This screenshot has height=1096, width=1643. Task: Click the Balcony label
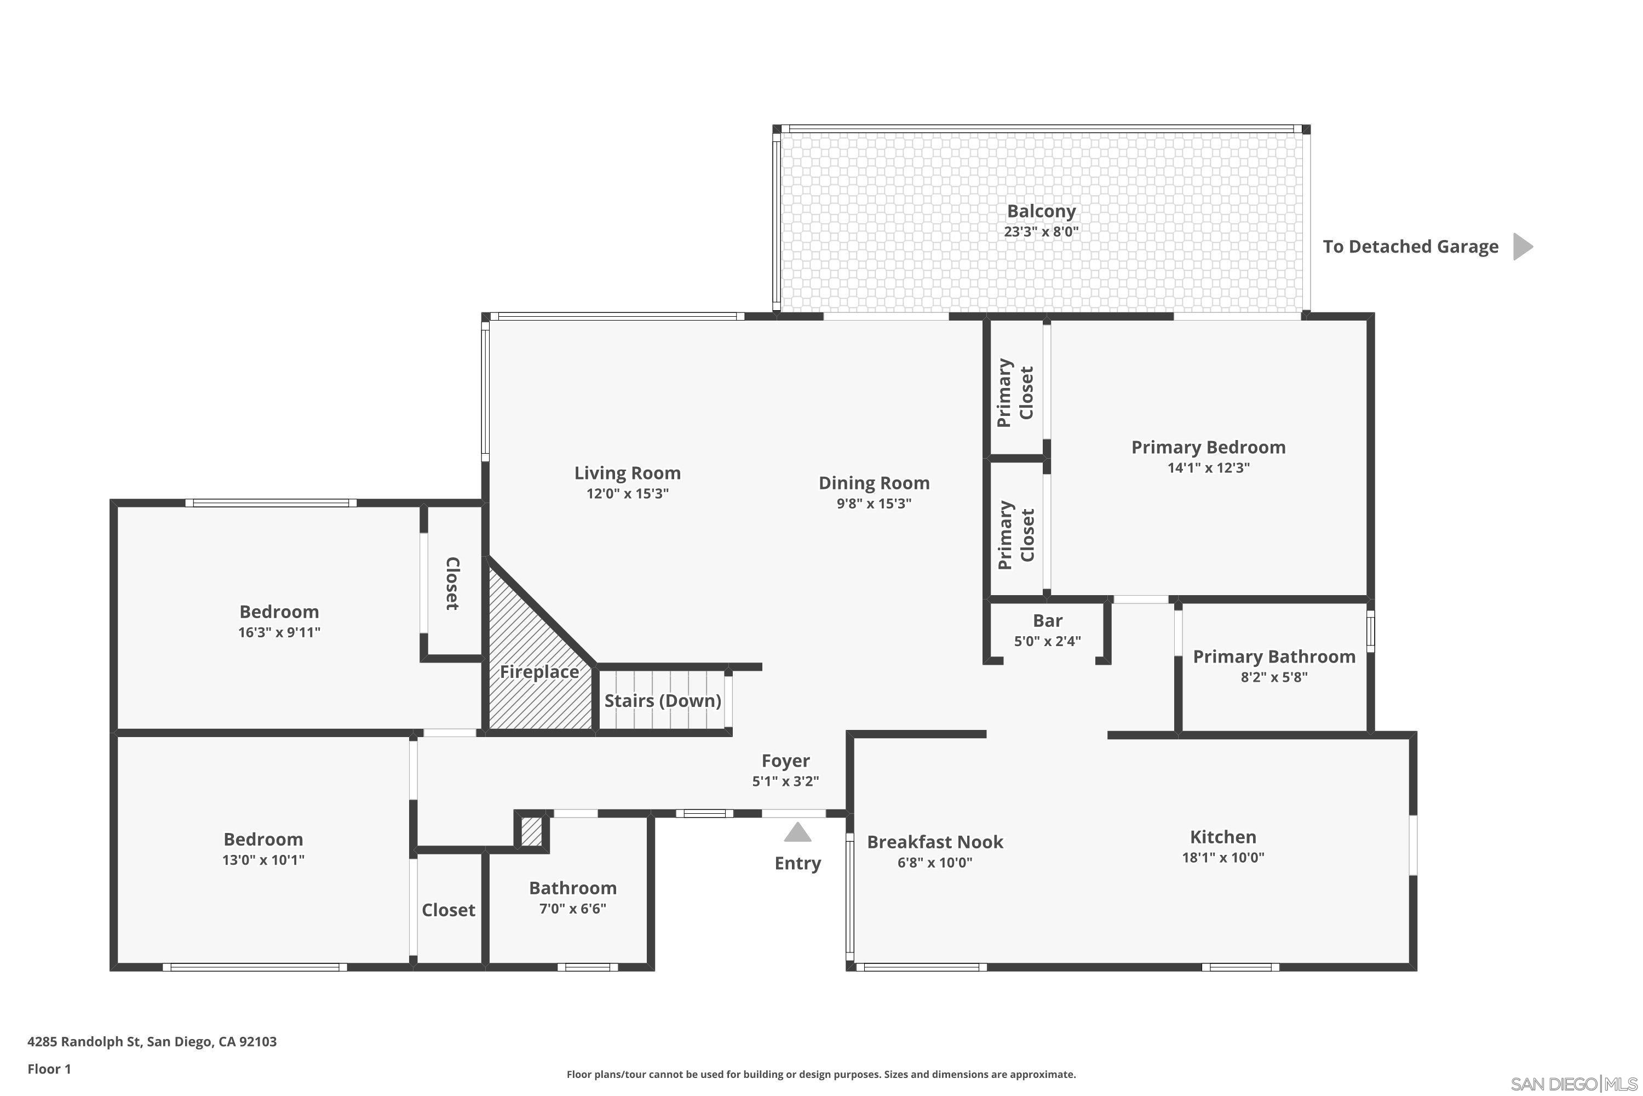[x=1041, y=210]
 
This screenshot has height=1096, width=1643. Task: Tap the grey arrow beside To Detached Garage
[x=1521, y=247]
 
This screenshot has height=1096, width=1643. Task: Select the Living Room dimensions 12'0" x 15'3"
[x=627, y=494]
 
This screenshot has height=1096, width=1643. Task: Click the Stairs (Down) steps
[x=662, y=700]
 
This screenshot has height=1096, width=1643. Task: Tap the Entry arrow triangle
[x=797, y=832]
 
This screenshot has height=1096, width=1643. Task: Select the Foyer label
[x=785, y=761]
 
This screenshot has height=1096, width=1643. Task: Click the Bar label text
[x=1047, y=621]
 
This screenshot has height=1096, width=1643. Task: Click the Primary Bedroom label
[x=1208, y=447]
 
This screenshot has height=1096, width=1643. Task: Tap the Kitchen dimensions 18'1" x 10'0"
[x=1222, y=858]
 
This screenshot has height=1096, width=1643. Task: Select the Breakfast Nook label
[x=935, y=842]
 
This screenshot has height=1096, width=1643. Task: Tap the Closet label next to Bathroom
[x=448, y=910]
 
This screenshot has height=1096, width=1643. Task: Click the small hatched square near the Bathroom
[x=532, y=832]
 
